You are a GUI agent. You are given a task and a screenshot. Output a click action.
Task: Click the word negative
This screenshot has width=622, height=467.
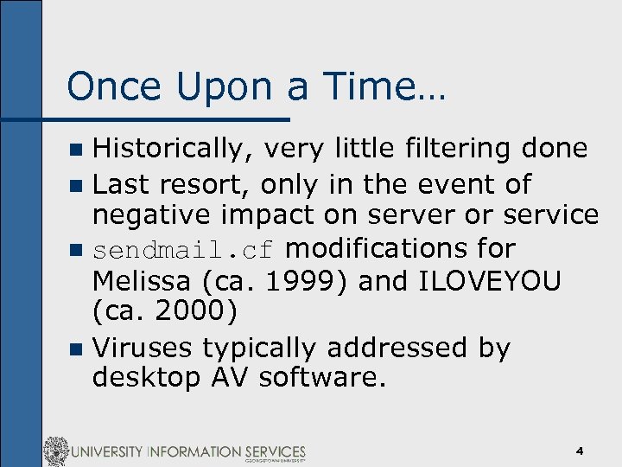(x=154, y=215)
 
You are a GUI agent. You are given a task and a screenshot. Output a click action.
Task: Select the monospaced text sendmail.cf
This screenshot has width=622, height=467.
(x=184, y=250)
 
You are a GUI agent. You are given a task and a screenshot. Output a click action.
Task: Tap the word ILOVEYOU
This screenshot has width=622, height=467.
(x=487, y=281)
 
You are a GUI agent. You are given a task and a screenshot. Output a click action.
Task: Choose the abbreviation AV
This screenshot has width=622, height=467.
(x=227, y=378)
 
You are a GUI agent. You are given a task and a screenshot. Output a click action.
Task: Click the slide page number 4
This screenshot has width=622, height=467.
(x=580, y=451)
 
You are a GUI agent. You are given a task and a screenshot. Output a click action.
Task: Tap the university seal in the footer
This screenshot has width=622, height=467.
(x=57, y=451)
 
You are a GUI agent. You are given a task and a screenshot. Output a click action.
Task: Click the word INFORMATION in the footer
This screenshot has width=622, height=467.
(x=192, y=451)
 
